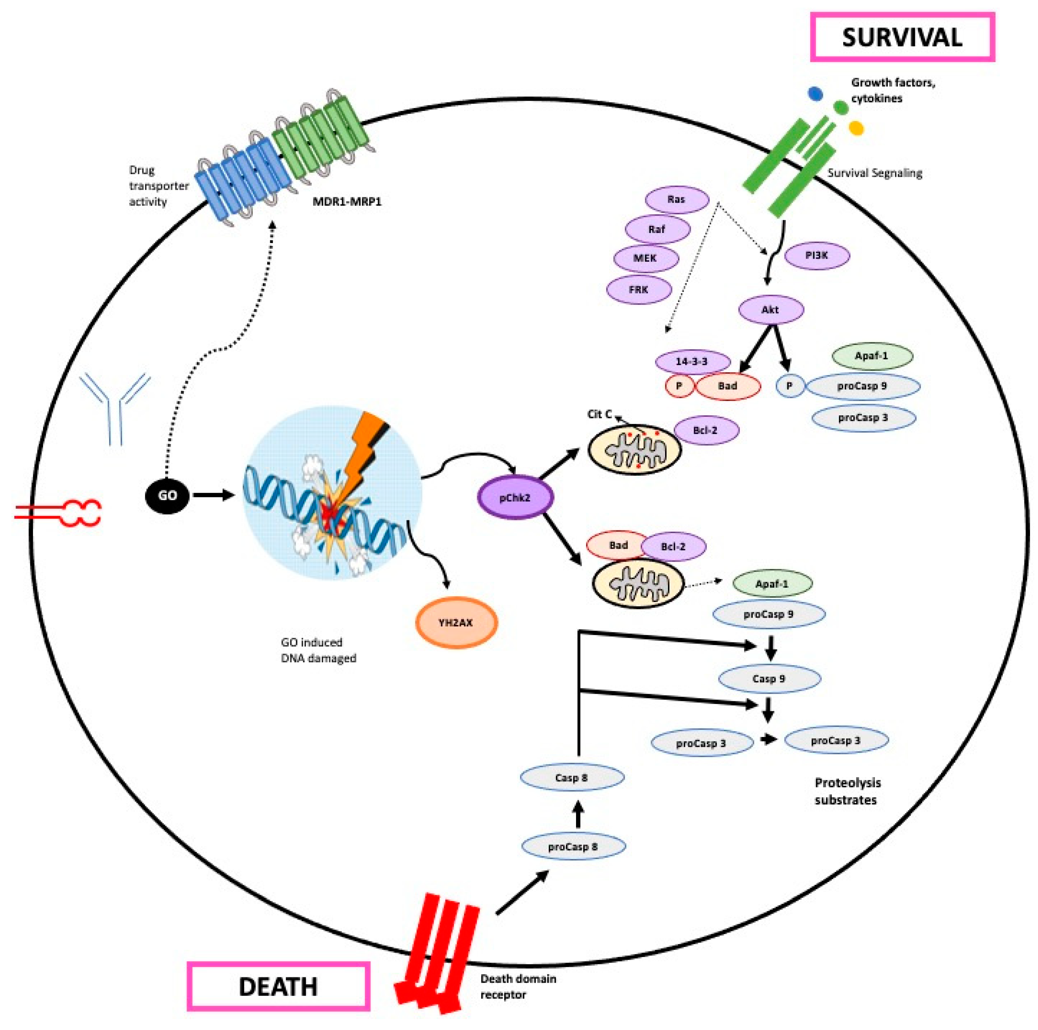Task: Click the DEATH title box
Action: pos(278,986)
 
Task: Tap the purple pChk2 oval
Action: pos(515,497)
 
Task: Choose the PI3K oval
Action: pos(817,256)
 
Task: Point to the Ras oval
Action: pos(676,199)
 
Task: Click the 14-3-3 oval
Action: pos(692,361)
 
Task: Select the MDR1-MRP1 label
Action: pos(347,202)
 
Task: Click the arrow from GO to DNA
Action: pos(213,495)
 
